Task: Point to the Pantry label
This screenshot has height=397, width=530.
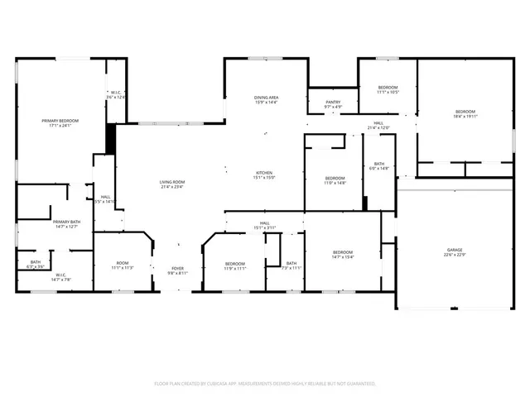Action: coord(333,103)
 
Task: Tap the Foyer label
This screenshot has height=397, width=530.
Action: coord(178,269)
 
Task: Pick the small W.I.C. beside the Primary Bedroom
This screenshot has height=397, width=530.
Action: coord(115,93)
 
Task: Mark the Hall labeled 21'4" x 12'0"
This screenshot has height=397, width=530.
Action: coord(378,125)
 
